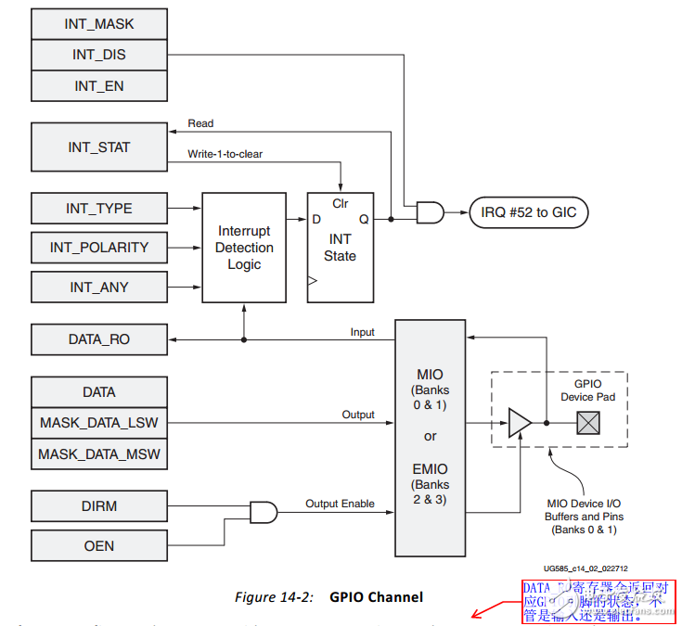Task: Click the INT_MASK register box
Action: point(99,23)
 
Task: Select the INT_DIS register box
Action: point(99,55)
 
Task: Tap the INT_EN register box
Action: point(99,86)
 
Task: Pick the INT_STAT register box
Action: point(99,147)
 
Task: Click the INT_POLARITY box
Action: point(99,248)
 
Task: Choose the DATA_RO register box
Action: point(99,339)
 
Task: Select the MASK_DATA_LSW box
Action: point(99,423)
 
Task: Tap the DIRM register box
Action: point(99,506)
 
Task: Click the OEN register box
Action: point(99,545)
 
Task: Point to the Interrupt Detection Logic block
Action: point(244,248)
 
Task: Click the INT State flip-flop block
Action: point(341,248)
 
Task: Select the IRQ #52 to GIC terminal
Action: point(528,213)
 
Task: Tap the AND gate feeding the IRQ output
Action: point(431,213)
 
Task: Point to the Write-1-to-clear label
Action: point(225,154)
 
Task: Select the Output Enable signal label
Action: point(341,504)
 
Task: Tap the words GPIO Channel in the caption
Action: point(376,596)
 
